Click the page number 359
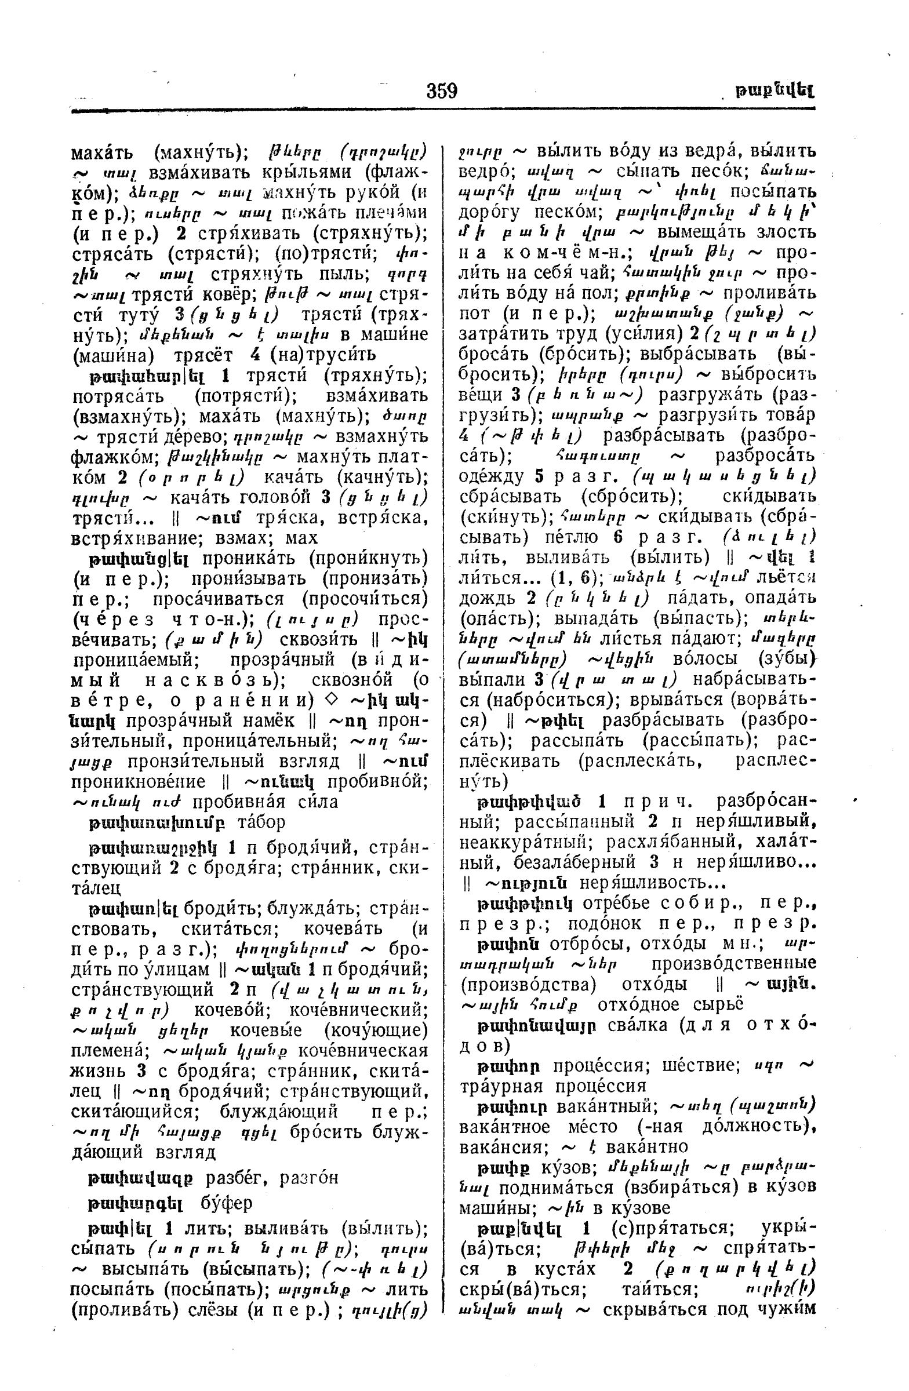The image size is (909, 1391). click(x=441, y=91)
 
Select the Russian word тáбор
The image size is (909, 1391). click(x=261, y=822)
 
